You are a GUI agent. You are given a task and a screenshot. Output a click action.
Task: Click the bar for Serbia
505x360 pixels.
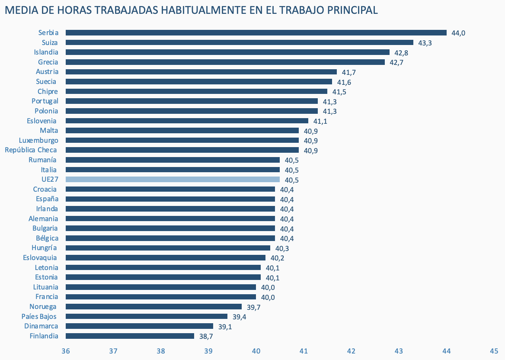(x=256, y=32)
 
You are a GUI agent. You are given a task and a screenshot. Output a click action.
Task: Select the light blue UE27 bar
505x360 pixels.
(x=173, y=180)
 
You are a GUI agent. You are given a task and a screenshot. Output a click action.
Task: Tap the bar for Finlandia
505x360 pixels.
(x=130, y=336)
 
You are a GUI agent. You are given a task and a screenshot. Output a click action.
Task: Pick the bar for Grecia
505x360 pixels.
(x=225, y=62)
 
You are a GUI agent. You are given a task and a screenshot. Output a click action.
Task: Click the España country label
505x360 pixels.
(x=47, y=199)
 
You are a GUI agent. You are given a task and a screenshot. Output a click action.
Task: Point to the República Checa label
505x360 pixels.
(x=31, y=150)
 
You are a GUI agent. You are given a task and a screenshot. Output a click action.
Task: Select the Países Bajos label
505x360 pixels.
(x=39, y=316)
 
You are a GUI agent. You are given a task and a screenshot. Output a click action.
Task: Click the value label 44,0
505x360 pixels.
(x=458, y=33)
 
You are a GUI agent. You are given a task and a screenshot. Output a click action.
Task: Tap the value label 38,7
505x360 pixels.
(x=206, y=336)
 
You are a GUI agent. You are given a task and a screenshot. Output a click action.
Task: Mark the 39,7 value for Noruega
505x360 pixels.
(x=253, y=307)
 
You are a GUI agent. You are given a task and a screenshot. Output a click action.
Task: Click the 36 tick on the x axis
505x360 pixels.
(x=66, y=351)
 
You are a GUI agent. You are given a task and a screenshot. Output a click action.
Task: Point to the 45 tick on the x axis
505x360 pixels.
(x=494, y=351)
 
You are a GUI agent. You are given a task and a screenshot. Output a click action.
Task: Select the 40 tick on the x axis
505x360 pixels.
(x=256, y=351)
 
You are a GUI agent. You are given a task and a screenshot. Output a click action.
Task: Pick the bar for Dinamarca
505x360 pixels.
(x=139, y=326)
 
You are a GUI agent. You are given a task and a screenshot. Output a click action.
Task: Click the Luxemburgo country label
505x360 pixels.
(x=38, y=140)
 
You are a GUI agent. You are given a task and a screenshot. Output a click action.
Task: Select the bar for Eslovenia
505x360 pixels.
(x=187, y=121)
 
